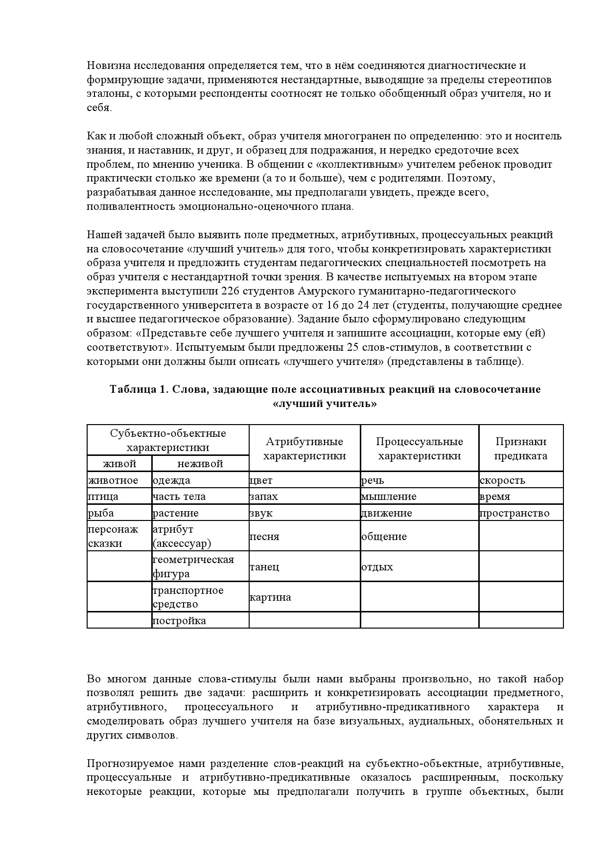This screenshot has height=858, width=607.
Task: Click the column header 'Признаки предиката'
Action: pyautogui.click(x=521, y=449)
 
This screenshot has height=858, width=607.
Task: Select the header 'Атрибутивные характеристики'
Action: pyautogui.click(x=304, y=449)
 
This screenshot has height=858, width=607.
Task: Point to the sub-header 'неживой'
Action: pyautogui.click(x=200, y=463)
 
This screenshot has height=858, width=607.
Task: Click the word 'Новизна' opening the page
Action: pyautogui.click(x=108, y=66)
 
